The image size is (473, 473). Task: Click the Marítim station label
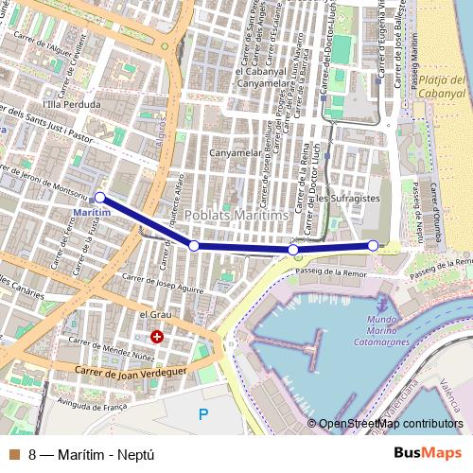pos(92,214)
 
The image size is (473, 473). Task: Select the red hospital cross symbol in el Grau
pos(157,336)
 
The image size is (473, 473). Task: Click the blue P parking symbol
pos(202,412)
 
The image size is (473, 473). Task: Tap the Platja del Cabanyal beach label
pos(445,86)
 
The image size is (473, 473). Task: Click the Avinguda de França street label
pos(94,406)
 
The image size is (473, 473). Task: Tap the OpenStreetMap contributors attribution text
pos(391,424)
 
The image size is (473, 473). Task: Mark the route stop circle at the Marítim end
pos(99,198)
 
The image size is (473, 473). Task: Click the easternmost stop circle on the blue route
pos(373,246)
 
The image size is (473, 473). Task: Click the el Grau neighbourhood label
pos(153,314)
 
